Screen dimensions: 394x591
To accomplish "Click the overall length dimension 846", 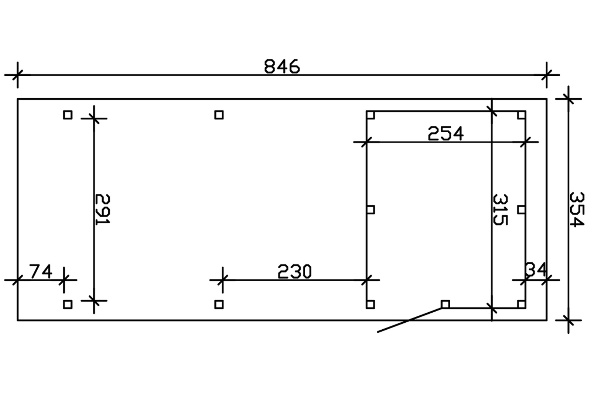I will (282, 67).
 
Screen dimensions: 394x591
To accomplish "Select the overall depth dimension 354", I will (577, 209).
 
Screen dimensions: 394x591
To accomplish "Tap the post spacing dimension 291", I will (103, 209).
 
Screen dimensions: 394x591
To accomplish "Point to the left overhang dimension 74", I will (41, 272).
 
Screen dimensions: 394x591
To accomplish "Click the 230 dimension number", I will (294, 272).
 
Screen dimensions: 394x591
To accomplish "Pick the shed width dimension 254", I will (445, 133).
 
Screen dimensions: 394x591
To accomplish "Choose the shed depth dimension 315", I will (501, 210).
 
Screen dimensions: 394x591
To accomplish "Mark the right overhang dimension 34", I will (535, 269).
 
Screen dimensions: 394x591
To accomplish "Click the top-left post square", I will (68, 115).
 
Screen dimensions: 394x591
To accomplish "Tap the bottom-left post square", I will (68, 304).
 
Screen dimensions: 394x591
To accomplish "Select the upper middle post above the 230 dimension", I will (219, 115).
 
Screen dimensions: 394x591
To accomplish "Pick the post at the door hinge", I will (445, 304).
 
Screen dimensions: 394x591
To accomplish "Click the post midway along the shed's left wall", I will (370, 210).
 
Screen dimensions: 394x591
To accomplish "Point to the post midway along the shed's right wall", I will (521, 210).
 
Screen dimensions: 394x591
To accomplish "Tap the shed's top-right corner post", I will (521, 115).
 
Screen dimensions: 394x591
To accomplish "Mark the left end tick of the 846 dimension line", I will (17, 75).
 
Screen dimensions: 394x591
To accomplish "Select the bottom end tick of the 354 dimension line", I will (568, 320).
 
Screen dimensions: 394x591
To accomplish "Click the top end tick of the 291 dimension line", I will (94, 119).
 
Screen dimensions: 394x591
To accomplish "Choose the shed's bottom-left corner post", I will (370, 304).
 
